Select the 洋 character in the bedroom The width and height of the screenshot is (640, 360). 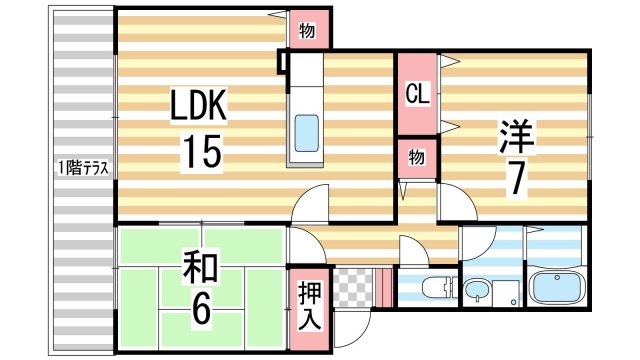tap(517, 136)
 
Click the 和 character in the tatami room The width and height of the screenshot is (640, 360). tap(200, 267)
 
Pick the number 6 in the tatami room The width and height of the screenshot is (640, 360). tap(200, 309)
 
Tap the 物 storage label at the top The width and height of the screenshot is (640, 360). tap(306, 30)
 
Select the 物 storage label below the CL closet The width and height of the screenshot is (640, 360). tap(416, 157)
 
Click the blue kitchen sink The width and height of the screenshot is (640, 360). tap(306, 130)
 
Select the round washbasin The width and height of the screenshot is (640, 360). tap(476, 293)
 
